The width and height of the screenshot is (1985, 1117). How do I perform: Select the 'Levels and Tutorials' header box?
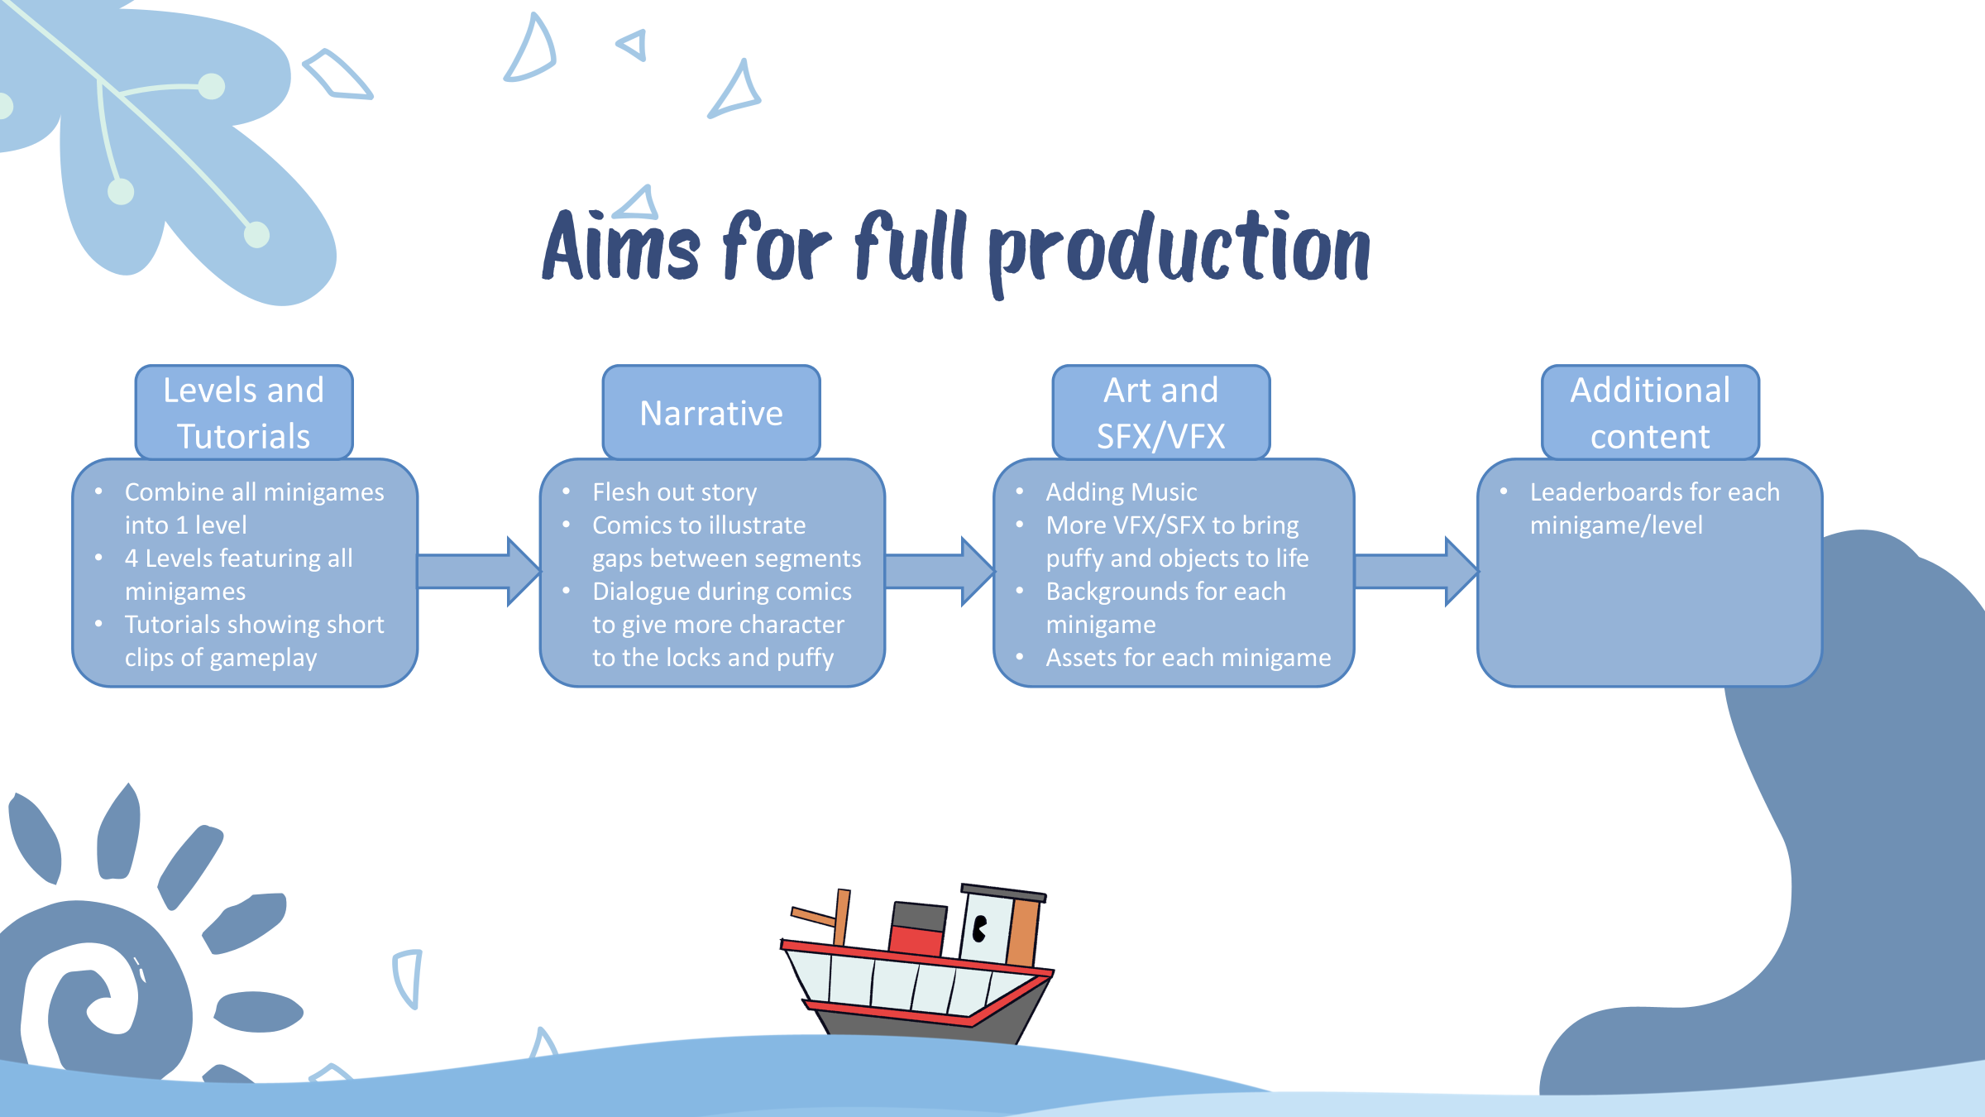(x=244, y=413)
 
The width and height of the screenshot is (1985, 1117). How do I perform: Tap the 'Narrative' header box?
(x=711, y=413)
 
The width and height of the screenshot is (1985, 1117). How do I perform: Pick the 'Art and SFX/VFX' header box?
(x=1160, y=413)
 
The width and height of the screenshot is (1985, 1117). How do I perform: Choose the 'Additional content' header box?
(x=1650, y=413)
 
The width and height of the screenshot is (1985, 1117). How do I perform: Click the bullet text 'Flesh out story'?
(x=674, y=492)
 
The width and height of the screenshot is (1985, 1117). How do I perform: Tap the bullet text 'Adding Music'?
(x=1121, y=492)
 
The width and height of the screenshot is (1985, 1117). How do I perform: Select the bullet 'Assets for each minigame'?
(x=1188, y=658)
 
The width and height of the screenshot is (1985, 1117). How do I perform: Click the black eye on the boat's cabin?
(x=980, y=928)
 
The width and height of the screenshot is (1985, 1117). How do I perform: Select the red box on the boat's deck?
(x=916, y=942)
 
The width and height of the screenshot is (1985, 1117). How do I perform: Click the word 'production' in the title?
(x=1179, y=248)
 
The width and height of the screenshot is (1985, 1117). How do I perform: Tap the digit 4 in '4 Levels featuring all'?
(x=132, y=558)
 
